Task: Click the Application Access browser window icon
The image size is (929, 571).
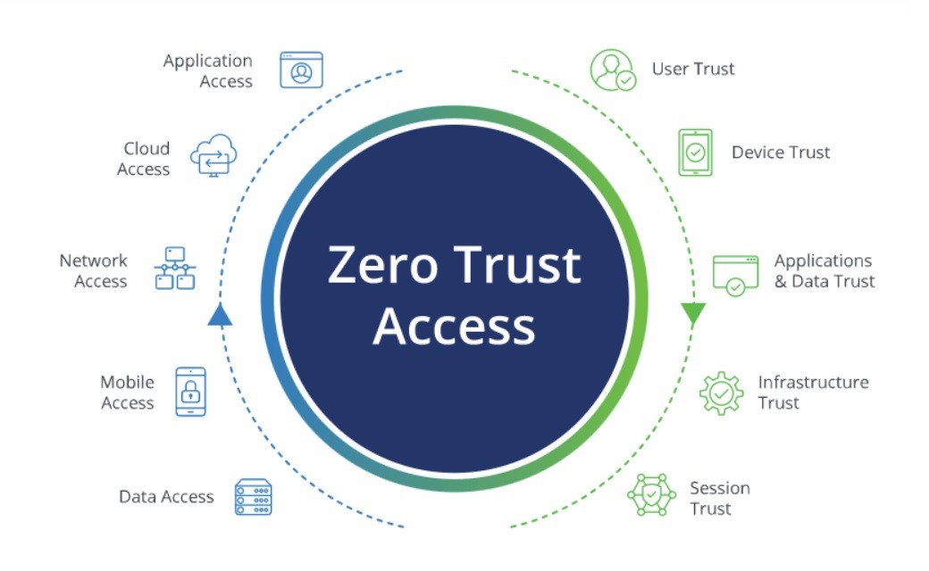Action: [301, 70]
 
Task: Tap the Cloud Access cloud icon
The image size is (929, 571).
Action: [213, 155]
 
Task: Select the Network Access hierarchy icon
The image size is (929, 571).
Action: [175, 268]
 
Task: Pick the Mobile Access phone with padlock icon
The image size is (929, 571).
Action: [191, 391]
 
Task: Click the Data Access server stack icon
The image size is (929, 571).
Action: [253, 496]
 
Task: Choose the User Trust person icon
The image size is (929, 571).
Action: [613, 70]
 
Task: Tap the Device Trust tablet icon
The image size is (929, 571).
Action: [695, 153]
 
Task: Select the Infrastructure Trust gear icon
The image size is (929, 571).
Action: [721, 393]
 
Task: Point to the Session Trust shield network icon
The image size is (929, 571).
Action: [651, 494]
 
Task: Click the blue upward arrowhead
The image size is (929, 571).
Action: [220, 314]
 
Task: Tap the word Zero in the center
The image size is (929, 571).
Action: [382, 265]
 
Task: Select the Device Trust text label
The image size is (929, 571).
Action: [781, 152]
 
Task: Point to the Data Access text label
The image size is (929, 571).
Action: [166, 496]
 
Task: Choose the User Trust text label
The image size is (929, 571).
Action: [692, 70]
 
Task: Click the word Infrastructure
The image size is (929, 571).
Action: [813, 382]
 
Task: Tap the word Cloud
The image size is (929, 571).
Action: [146, 148]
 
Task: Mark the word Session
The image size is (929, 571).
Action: [719, 488]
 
